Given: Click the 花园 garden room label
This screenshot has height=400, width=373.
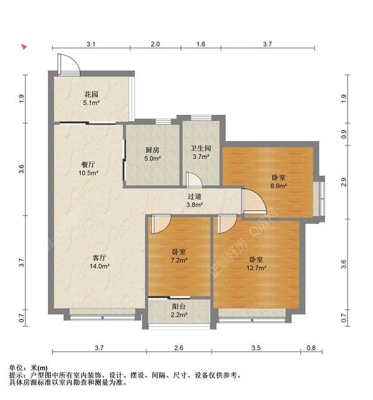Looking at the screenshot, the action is tap(91, 94).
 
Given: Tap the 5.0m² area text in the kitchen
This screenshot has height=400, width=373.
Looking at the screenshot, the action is tap(152, 158).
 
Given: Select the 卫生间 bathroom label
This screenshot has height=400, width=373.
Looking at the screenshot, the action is tap(201, 148).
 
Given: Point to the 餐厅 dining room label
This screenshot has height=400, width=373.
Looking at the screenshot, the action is tap(88, 165).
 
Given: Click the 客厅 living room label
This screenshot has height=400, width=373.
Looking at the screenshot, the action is tap(99, 258).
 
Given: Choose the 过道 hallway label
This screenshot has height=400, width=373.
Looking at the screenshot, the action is tap(195, 196).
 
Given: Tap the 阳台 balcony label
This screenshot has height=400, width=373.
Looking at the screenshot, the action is tap(178, 306).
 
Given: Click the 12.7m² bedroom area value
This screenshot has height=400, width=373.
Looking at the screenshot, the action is tap(256, 268).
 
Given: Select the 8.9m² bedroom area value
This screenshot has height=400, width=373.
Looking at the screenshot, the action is tap(279, 186).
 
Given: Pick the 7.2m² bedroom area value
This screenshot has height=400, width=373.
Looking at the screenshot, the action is tap(179, 260).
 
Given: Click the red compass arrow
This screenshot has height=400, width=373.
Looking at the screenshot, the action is tap(24, 47).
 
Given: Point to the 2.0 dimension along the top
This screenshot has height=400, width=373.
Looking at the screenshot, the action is tap(155, 44).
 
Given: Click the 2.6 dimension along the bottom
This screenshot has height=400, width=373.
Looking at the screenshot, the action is tap(178, 348).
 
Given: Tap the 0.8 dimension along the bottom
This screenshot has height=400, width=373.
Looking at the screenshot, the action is tap(311, 348).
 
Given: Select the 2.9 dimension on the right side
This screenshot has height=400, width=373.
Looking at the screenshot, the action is tap(344, 182).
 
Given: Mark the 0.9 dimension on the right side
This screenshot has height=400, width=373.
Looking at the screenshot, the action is tap(344, 134).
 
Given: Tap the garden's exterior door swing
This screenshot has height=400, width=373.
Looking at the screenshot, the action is tap(68, 65).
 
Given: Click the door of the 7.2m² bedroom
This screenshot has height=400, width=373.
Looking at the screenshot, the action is tap(161, 224).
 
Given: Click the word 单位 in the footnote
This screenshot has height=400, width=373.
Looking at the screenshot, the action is tap(16, 368).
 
